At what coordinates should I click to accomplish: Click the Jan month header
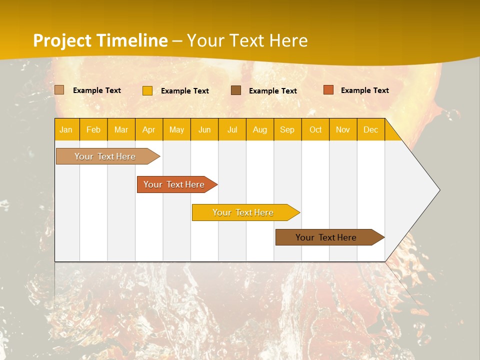66,129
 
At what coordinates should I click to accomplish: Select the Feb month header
93,129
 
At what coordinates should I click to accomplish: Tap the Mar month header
121,129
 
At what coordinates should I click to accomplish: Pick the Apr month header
149,129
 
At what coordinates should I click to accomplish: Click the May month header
176,129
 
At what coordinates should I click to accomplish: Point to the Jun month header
204,129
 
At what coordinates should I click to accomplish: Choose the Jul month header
232,129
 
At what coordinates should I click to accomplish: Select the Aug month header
260,129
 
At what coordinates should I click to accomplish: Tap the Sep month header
287,129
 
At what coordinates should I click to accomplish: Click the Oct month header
315,129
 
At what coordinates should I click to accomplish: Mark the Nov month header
343,129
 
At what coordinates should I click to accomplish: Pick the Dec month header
371,129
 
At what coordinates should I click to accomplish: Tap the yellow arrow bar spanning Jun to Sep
243,212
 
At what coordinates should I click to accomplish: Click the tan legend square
59,90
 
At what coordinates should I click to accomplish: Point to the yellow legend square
147,90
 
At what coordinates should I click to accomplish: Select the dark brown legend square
236,90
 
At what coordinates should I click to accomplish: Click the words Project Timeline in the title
100,40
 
